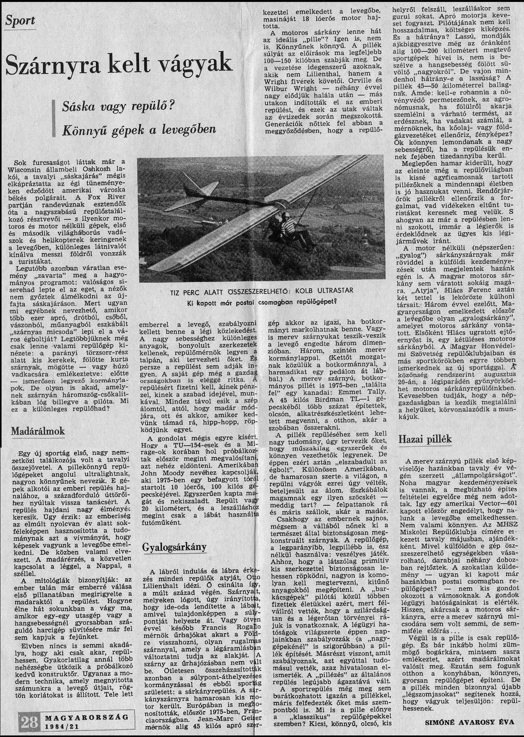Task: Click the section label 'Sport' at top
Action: (x=20, y=20)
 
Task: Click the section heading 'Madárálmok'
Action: (x=38, y=431)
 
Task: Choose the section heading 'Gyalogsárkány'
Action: (x=174, y=546)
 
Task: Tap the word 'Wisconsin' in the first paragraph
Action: (x=30, y=169)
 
